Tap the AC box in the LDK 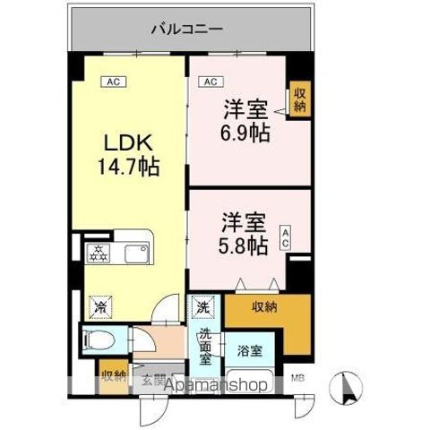click(x=113, y=82)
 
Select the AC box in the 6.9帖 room click(x=210, y=82)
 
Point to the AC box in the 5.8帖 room click(x=286, y=236)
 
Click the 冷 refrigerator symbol click(x=99, y=306)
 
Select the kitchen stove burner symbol click(x=97, y=253)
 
